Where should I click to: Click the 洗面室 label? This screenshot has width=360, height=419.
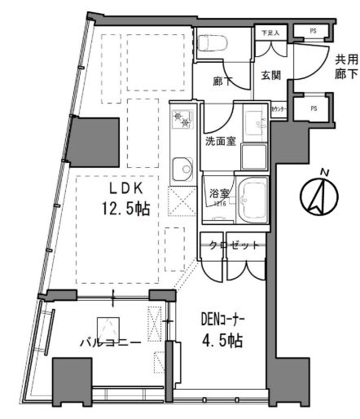coord(221,140)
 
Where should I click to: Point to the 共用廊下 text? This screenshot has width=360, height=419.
coord(346,67)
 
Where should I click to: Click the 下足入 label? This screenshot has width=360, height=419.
coord(269,33)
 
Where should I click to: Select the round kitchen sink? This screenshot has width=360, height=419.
coord(179,171)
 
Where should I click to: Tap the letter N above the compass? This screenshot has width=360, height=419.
coord(324,171)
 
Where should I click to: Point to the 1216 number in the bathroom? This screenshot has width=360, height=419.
coord(219,205)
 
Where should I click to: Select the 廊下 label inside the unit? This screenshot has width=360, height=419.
coord(219,82)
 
